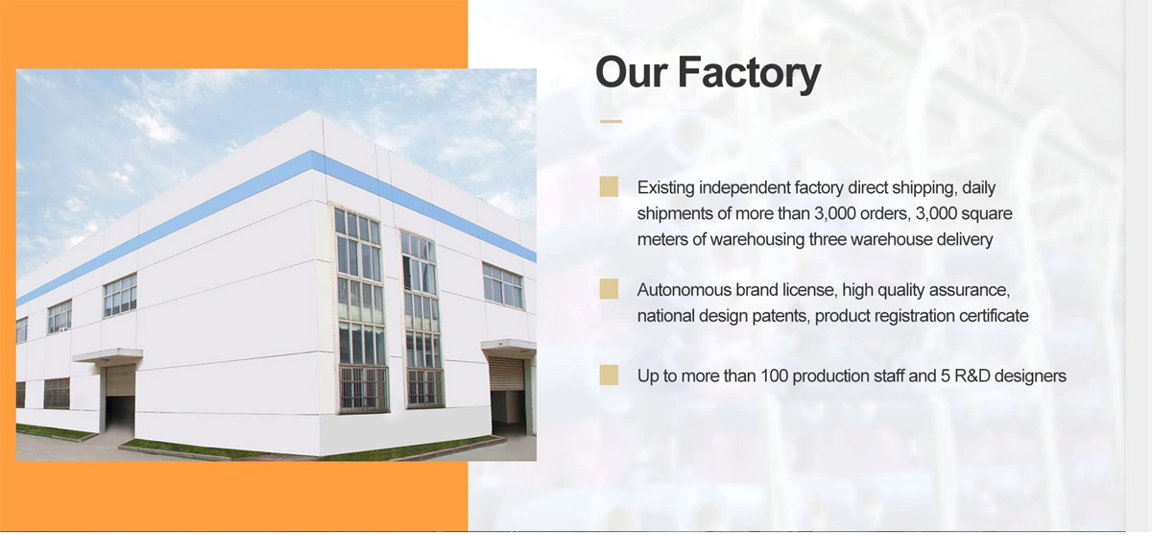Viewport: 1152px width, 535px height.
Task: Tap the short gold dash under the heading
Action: (611, 122)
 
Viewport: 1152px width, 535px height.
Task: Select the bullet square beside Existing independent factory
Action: (609, 187)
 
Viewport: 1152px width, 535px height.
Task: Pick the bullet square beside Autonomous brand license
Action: (609, 289)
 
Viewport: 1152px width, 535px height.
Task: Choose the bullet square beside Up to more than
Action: (609, 376)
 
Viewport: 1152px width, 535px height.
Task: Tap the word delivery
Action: (963, 239)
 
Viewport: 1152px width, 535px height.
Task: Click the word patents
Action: (783, 315)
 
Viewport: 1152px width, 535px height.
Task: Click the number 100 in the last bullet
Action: (774, 376)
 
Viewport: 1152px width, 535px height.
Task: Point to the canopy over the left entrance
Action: (107, 355)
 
